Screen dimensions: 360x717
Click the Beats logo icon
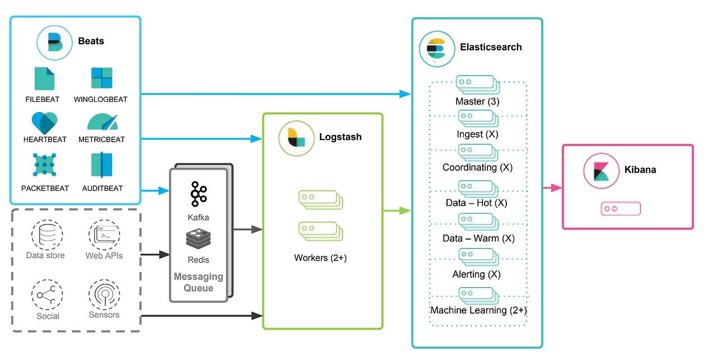(54, 42)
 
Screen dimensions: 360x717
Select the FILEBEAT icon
(44, 79)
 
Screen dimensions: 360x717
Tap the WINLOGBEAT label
(101, 99)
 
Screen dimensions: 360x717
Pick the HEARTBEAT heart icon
(44, 123)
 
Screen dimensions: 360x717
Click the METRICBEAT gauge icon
(102, 123)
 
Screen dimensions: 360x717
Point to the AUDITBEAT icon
(102, 165)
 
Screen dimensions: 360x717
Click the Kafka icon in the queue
(198, 194)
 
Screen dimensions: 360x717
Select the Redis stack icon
(198, 240)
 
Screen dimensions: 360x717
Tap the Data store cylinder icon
(46, 235)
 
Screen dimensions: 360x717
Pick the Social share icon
(47, 295)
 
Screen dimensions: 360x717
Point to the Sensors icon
(104, 294)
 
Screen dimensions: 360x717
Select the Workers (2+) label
(320, 258)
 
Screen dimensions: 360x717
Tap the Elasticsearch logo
(436, 49)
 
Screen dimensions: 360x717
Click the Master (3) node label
(477, 102)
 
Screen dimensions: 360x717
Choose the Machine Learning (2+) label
(478, 310)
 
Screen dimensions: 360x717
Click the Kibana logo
(601, 170)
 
